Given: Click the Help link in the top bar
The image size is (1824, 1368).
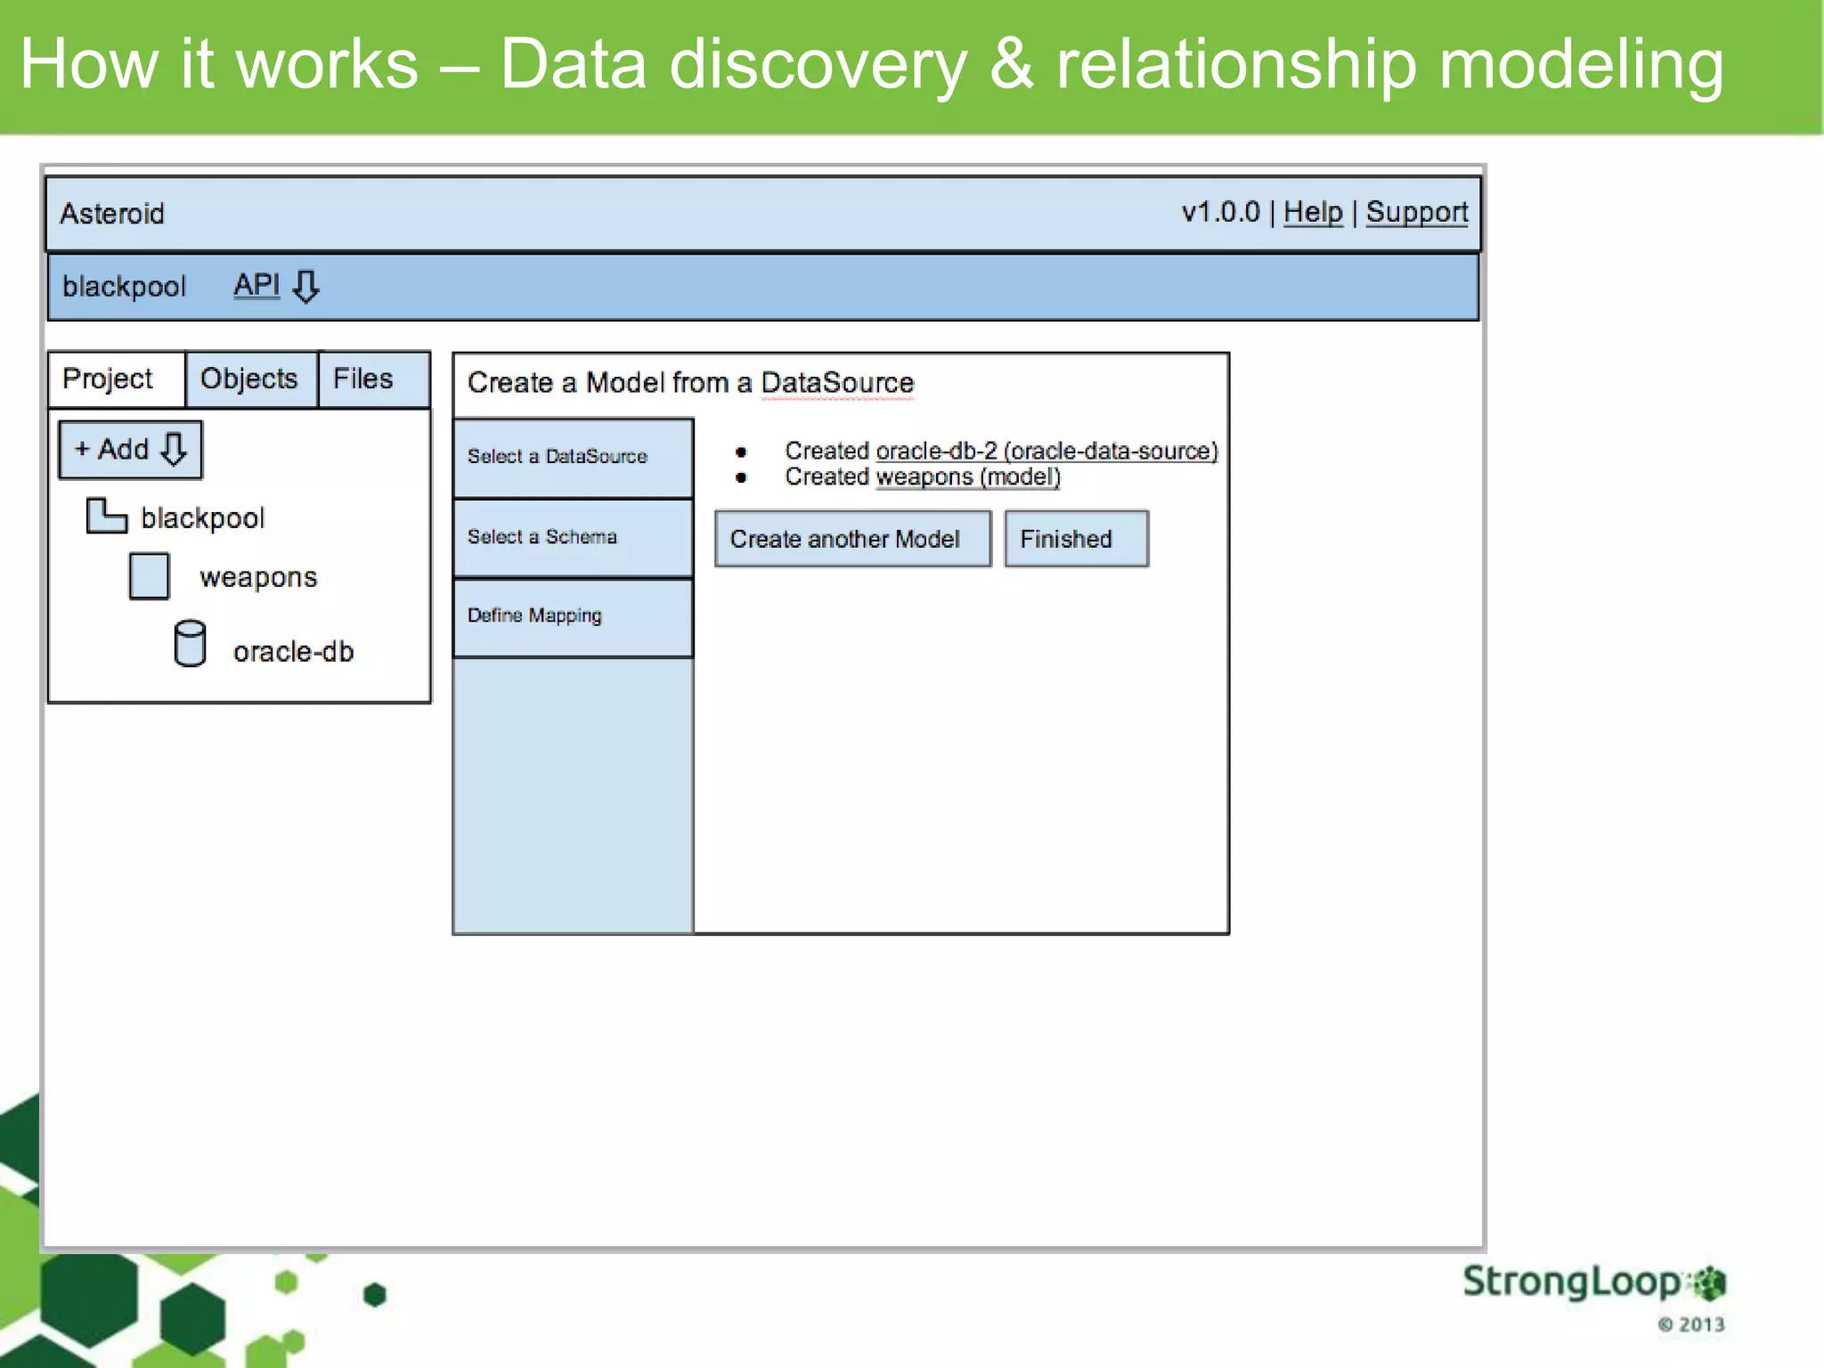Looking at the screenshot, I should click(x=1312, y=212).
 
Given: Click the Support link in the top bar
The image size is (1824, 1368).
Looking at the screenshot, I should click(x=1416, y=212).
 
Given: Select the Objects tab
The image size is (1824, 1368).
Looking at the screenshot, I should click(x=249, y=379).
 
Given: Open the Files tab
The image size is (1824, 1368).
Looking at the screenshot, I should click(x=363, y=379).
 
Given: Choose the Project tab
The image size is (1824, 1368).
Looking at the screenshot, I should click(x=109, y=379).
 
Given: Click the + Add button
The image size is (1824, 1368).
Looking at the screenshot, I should click(x=130, y=449).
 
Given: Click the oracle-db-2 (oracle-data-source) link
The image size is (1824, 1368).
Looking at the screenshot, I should click(x=1046, y=451).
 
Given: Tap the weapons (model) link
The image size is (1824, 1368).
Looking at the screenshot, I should click(x=967, y=477).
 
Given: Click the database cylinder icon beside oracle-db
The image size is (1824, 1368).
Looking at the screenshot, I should click(x=190, y=643).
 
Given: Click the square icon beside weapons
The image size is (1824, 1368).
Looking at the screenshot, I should click(x=149, y=576).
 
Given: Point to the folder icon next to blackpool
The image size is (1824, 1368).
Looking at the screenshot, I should click(x=106, y=516).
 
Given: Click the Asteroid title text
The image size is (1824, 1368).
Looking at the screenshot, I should click(x=112, y=214).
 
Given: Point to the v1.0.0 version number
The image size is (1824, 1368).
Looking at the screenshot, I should click(x=1219, y=212).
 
